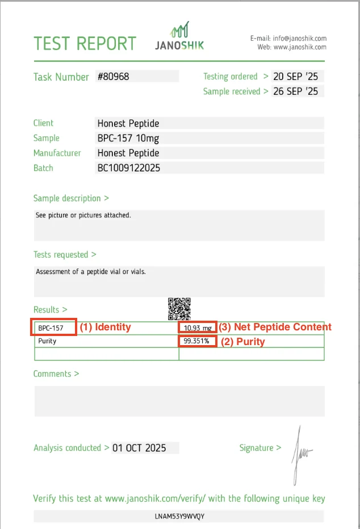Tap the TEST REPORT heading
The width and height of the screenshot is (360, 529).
85,44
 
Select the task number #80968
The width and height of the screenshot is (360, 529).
114,76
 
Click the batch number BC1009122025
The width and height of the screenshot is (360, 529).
129,167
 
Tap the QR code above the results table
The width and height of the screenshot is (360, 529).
179,308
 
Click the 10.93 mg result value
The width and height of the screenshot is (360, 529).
197,328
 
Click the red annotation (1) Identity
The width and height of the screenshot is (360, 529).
105,327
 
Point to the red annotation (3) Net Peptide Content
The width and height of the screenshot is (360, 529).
275,327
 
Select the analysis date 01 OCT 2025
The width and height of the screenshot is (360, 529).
139,448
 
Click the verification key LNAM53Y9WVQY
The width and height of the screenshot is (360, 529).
179,516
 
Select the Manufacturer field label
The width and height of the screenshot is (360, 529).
57,153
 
